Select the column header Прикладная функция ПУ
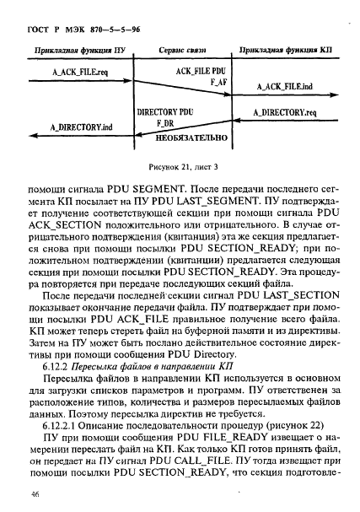click(70, 51)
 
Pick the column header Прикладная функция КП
click(287, 51)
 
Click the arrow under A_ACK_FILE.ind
click(287, 95)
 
